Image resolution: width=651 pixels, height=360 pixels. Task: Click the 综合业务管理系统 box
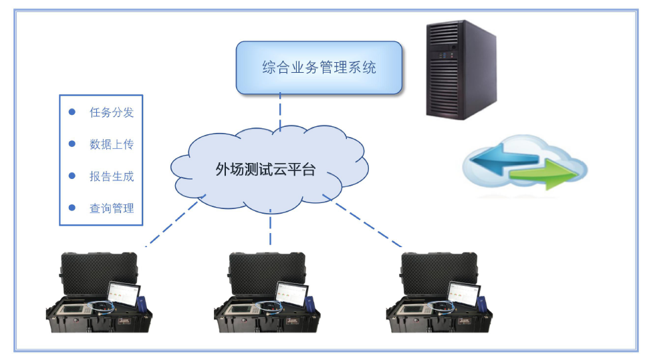[x=319, y=67]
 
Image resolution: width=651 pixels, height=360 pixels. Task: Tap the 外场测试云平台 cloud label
[x=265, y=169]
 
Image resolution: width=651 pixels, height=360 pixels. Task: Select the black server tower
[x=461, y=69]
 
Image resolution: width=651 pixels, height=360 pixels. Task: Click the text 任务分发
[x=112, y=112]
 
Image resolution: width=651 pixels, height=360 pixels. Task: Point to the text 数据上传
[x=112, y=144]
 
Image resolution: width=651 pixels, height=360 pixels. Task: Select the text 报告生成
[x=112, y=176]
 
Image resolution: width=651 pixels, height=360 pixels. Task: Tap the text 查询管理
[x=112, y=208]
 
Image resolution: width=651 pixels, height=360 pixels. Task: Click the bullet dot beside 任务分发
[x=72, y=112]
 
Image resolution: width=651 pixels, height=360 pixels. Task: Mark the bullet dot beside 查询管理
[x=72, y=208]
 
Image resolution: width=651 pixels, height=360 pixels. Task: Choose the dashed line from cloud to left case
[x=171, y=224]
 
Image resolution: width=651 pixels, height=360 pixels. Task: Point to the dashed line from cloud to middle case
[x=270, y=227]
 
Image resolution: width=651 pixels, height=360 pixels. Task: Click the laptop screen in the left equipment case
[x=124, y=294]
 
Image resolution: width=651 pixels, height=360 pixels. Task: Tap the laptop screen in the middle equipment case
[x=291, y=294]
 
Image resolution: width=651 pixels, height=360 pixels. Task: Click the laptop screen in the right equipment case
[x=463, y=294]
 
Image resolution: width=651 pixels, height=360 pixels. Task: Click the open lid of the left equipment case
[x=98, y=271]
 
